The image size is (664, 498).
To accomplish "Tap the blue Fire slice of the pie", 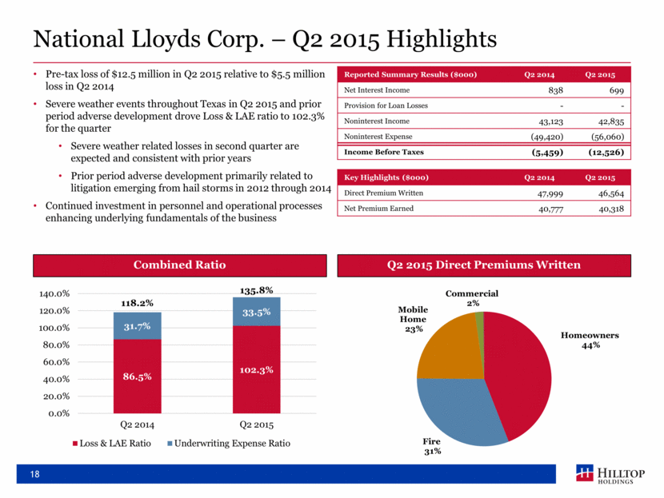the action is coord(458,410).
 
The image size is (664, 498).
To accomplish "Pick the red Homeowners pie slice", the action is coord(518,373).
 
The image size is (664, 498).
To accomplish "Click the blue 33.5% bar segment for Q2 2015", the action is coord(256,312).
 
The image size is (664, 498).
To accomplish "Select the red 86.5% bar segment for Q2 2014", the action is coord(138,376).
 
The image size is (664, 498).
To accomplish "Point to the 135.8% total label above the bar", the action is coord(256,290).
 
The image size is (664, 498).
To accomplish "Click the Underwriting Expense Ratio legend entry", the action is coord(229,444).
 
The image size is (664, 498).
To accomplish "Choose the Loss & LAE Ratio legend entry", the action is coord(112,444).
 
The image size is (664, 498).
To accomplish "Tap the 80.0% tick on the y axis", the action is coord(56,345).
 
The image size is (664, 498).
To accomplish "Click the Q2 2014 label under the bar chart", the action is coord(138,424).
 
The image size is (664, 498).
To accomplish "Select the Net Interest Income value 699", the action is coord(617,90).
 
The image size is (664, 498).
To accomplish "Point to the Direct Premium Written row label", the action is coord(383,193).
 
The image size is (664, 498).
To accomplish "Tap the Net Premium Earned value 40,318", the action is coord(611,209).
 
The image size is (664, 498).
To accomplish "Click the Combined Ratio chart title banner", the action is coord(179,265).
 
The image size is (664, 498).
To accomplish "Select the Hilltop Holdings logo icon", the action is coord(585,472).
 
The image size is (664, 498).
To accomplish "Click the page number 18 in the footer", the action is coord(34,474).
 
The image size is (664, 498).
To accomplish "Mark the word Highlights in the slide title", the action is coord(442,39).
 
